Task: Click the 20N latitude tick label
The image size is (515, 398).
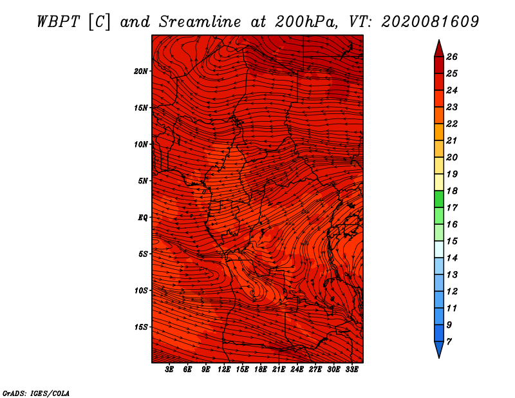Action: coord(140,71)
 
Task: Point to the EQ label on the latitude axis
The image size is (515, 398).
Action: coord(142,218)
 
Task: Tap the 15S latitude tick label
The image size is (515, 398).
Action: coord(141,327)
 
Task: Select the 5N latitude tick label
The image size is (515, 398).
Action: coord(143,181)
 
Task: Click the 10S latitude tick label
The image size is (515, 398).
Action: coord(141,290)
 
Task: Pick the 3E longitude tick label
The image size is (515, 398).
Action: coord(169,370)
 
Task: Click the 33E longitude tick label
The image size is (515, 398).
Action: coord(351,370)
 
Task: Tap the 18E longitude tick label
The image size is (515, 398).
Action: coord(261,370)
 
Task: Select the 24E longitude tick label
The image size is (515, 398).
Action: coord(297,370)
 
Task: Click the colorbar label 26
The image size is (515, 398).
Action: coord(452,57)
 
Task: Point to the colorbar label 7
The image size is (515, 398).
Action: coord(449,342)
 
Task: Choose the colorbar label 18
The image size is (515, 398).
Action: coord(452,191)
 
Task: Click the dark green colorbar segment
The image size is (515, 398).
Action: coord(439,199)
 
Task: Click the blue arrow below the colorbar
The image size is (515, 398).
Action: coord(439,349)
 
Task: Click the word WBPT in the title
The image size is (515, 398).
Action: coord(59,22)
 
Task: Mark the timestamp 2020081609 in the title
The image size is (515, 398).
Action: coord(430,22)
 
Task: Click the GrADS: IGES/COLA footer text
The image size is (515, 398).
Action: coord(36,393)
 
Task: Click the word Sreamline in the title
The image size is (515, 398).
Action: coord(200,22)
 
